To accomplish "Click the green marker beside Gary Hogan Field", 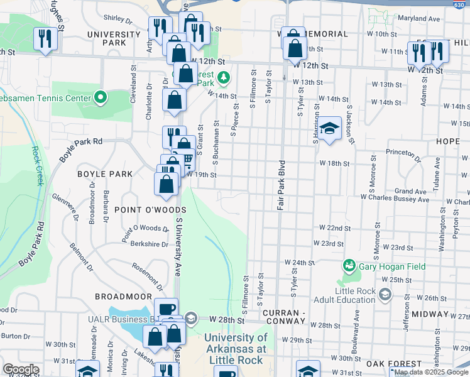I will (347, 266).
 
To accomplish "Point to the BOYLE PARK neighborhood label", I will (105, 174).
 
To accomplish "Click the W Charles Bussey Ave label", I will (395, 199).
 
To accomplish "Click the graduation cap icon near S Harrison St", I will (327, 128).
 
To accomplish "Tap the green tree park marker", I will (225, 78).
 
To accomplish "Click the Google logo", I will (21, 369).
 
